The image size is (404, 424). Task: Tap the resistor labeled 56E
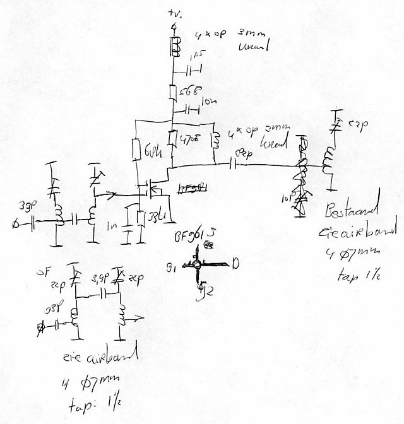tap(172, 92)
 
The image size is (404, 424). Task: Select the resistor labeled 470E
tap(173, 138)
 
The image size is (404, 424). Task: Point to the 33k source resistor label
tap(157, 220)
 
